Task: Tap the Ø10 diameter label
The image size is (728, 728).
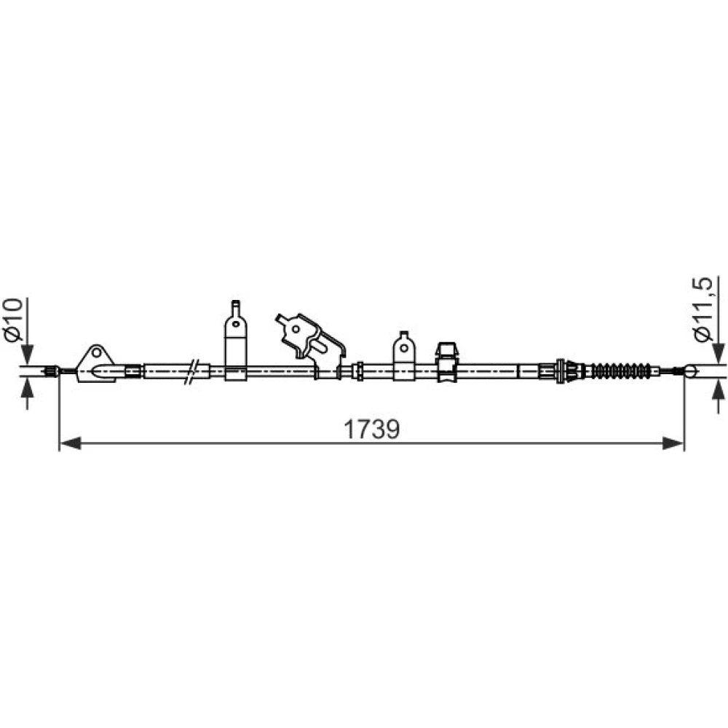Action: (x=12, y=320)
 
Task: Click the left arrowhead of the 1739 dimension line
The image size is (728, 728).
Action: (x=71, y=443)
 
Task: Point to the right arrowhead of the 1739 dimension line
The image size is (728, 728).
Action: (x=673, y=443)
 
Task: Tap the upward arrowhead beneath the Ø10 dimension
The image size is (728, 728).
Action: (x=28, y=388)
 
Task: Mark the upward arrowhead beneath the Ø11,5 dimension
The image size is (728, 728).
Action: (x=719, y=388)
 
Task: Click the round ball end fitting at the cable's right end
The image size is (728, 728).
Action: (x=690, y=371)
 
